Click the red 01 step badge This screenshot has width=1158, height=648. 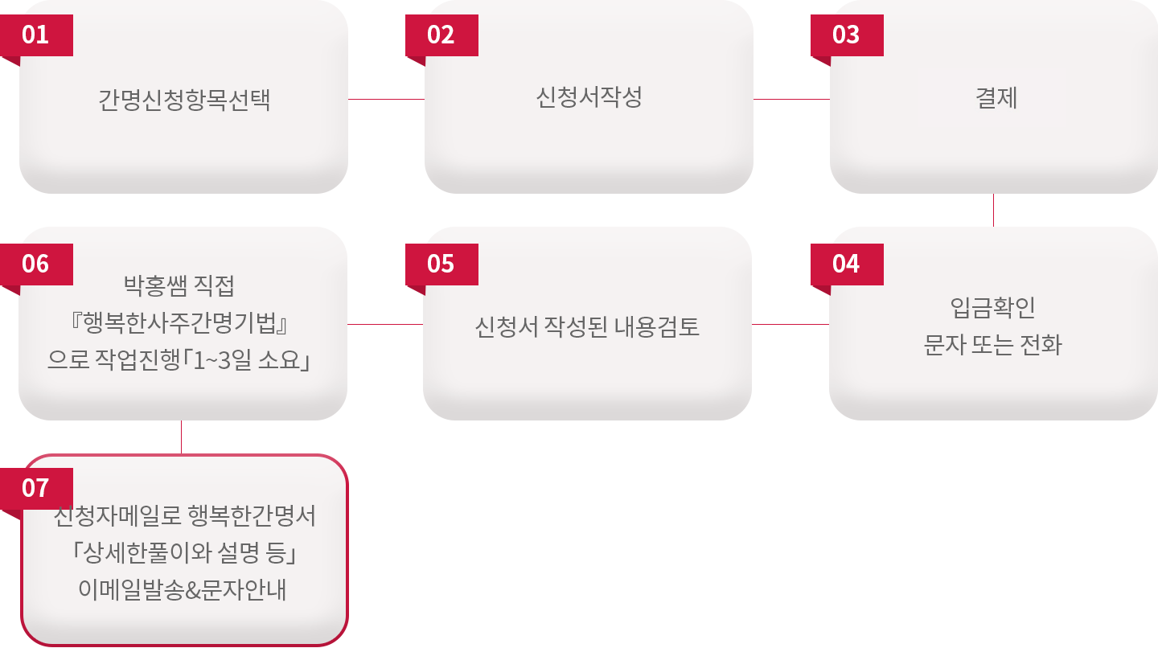pos(36,35)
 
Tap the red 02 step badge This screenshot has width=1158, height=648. pos(441,35)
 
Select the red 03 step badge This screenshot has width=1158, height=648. pos(846,35)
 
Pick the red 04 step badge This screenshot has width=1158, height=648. pos(846,264)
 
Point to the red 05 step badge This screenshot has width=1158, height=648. pos(441,264)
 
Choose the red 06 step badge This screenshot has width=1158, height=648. pos(36,264)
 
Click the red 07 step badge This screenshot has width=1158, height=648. pos(36,488)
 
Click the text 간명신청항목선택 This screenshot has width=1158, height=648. pos(184,100)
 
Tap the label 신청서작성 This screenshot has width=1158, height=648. pos(589,98)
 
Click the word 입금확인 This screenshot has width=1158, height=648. pos(993,307)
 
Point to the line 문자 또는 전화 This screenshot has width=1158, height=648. pos(993,345)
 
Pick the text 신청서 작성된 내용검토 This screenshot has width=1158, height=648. pos(588,327)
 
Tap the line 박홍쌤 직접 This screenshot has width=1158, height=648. pos(179,284)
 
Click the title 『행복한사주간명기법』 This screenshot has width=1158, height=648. pos(179,322)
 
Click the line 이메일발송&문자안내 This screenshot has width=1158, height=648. pos(183,589)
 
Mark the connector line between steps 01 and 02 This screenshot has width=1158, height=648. pos(386,99)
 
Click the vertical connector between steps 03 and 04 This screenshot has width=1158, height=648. pos(993,210)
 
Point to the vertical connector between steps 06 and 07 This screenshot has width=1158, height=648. pos(181,437)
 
